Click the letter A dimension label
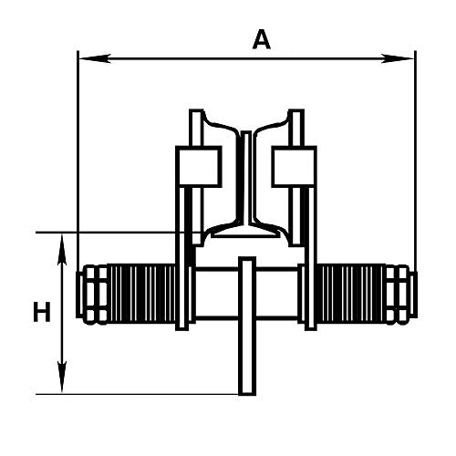[262, 39]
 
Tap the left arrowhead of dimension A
[85, 59]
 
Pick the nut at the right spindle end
[399, 294]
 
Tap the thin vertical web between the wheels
[245, 182]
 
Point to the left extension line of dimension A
[78, 164]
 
